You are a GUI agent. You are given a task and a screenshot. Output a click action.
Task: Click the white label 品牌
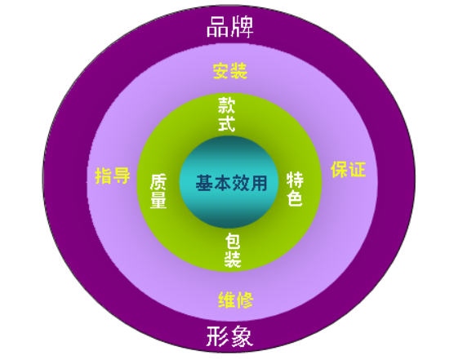(229, 27)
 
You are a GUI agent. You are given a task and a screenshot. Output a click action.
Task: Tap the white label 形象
(229, 336)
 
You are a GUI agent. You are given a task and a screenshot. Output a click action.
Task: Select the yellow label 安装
(230, 71)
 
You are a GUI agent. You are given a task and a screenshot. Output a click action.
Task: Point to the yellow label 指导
(113, 176)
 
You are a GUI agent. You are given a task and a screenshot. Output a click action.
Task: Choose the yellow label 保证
(348, 169)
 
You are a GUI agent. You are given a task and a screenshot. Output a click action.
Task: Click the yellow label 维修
(236, 300)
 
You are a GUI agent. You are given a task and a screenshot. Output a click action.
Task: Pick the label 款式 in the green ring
(226, 114)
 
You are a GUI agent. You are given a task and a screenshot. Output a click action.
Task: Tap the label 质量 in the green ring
(158, 191)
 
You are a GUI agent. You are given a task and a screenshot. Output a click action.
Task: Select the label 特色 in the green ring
(295, 189)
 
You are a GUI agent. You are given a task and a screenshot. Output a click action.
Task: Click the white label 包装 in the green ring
(233, 250)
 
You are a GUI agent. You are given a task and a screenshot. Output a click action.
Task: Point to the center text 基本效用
(231, 183)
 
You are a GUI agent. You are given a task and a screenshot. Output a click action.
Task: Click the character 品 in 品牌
(217, 27)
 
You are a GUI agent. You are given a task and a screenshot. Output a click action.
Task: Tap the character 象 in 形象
(242, 336)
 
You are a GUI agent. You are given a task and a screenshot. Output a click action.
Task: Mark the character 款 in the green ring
(226, 105)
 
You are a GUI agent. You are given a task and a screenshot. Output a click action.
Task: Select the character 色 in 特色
(295, 198)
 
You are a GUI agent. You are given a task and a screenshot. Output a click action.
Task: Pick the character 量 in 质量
(158, 200)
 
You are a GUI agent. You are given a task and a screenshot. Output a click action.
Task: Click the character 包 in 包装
(233, 241)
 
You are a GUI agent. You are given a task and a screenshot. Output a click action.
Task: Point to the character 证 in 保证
(358, 169)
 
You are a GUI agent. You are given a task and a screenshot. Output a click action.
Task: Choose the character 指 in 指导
(104, 176)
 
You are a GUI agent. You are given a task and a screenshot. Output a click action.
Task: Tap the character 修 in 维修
(245, 300)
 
